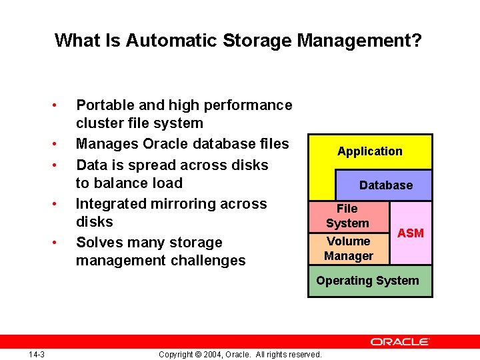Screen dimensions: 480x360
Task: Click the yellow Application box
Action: click(370, 151)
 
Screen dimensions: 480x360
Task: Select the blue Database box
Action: click(386, 185)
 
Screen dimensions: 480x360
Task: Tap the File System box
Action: click(347, 216)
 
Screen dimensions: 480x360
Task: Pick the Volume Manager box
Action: click(348, 248)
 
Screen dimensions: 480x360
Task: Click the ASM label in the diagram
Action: click(411, 233)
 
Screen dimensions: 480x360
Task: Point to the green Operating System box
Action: click(368, 281)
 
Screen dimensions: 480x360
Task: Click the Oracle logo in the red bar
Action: click(400, 341)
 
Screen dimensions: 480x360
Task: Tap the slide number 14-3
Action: click(37, 354)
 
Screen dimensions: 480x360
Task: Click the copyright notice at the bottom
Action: click(240, 354)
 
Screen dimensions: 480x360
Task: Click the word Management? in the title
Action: click(359, 41)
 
